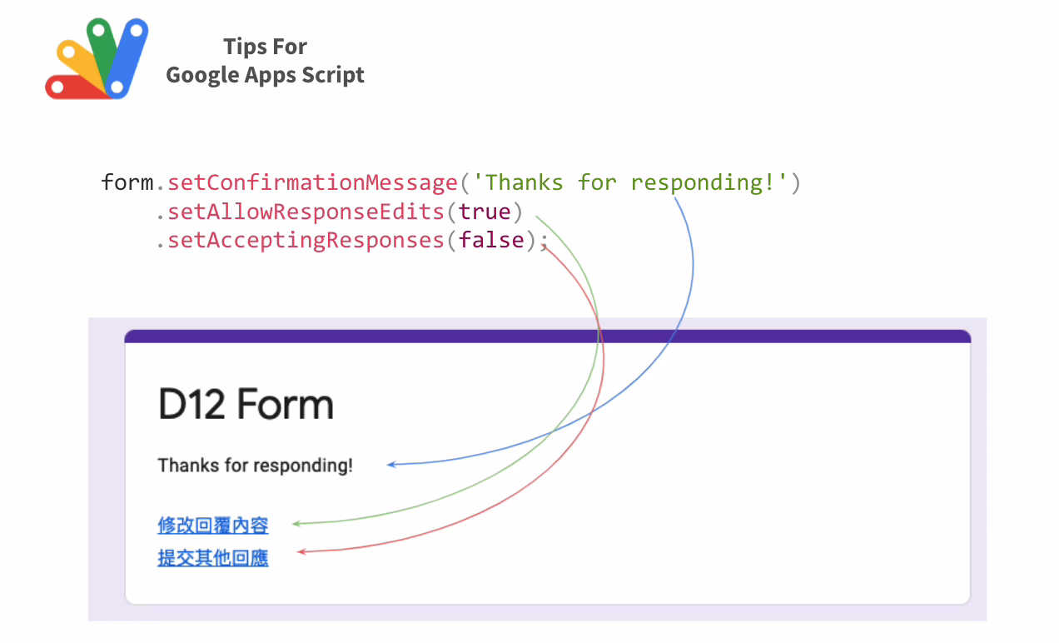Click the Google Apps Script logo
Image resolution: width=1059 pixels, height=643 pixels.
pos(97,58)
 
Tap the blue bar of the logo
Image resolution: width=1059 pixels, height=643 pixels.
pos(127,58)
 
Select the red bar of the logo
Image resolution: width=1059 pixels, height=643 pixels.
pos(75,87)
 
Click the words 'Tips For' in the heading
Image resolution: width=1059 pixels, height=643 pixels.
pos(266,47)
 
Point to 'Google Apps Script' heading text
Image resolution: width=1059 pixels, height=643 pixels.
pos(266,75)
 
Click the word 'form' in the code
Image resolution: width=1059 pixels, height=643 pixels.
pos(127,182)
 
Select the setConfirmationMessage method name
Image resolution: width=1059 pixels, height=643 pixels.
pos(312,183)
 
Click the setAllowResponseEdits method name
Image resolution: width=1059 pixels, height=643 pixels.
pos(306,212)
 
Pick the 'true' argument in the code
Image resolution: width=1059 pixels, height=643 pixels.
pos(485,212)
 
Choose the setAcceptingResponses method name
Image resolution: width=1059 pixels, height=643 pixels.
pos(306,241)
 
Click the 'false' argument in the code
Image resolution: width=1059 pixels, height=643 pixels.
pos(491,240)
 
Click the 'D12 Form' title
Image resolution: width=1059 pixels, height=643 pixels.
pos(246,404)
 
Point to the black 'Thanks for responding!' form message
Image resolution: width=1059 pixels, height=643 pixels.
pos(256,466)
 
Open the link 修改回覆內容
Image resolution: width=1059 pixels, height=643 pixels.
pos(213,526)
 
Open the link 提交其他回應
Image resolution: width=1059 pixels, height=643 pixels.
pos(213,558)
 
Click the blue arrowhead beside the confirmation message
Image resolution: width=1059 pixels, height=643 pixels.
pos(391,465)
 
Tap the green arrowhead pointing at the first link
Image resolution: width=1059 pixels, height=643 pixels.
pos(296,523)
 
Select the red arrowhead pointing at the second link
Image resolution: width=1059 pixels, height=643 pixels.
pos(301,551)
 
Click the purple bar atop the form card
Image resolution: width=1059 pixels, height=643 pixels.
pos(548,336)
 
